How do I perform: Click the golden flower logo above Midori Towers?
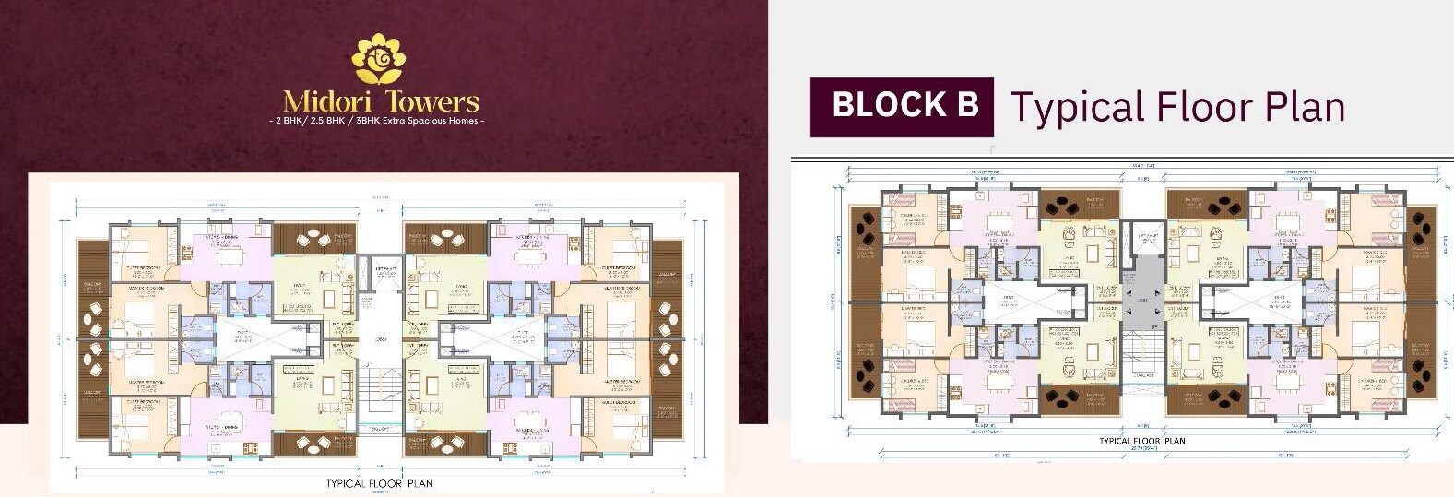[380, 59]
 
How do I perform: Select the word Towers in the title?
[431, 101]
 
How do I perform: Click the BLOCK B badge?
[902, 105]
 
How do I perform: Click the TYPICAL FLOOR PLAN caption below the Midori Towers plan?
[379, 483]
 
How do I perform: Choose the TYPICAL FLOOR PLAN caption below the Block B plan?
[1141, 441]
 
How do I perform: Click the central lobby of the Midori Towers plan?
[379, 337]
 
